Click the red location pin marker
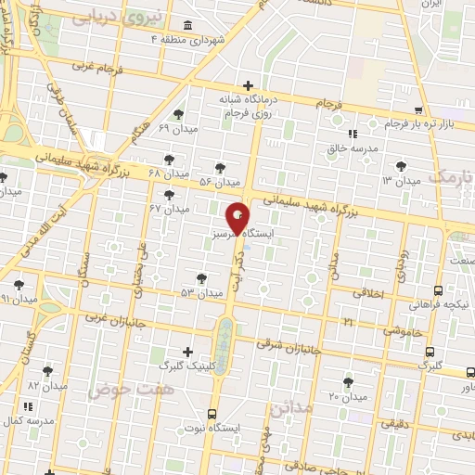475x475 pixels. point(238,218)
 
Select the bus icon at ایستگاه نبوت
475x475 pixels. point(212,414)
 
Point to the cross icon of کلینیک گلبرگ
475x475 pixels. point(188,352)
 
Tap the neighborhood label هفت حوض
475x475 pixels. point(118,391)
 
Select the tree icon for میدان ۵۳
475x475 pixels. point(201,277)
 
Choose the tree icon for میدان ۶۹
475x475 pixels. point(178,114)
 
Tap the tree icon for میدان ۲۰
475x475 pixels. point(348,381)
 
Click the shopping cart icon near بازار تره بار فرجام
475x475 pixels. point(418,109)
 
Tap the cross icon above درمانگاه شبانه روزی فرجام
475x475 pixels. point(247,84)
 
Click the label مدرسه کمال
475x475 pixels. point(29,420)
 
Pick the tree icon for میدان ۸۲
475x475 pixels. point(47,369)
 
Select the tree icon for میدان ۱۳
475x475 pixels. point(400,164)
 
